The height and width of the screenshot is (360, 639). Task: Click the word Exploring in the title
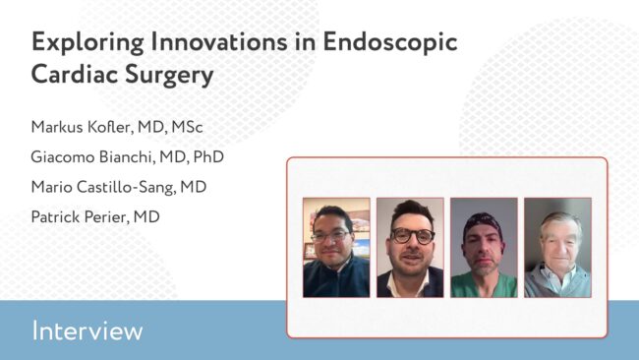pyautogui.click(x=87, y=42)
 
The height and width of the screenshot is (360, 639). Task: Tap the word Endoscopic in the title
pyautogui.click(x=390, y=42)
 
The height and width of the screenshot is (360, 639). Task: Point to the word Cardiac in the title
pyautogui.click(x=74, y=74)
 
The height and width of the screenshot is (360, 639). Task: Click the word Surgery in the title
pyautogui.click(x=169, y=75)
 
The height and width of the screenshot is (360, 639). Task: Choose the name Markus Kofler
pyautogui.click(x=82, y=127)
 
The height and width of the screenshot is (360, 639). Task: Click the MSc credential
pyautogui.click(x=187, y=127)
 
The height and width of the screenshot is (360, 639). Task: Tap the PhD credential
pyautogui.click(x=208, y=157)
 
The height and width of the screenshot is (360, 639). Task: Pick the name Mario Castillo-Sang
pyautogui.click(x=103, y=187)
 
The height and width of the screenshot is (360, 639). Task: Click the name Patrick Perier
pyautogui.click(x=80, y=217)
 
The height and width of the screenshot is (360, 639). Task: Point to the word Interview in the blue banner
pyautogui.click(x=87, y=330)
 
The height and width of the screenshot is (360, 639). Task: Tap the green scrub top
pyautogui.click(x=484, y=285)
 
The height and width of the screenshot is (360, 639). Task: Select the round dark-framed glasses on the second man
pyautogui.click(x=413, y=236)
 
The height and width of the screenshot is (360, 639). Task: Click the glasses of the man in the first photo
pyautogui.click(x=330, y=236)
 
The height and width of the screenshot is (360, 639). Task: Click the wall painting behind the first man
pyautogui.click(x=358, y=222)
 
